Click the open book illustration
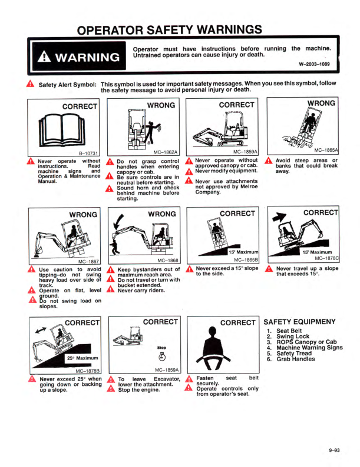click(x=62, y=131)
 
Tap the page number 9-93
click(x=334, y=450)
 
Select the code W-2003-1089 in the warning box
click(x=314, y=64)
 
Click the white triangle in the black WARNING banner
click(x=44, y=56)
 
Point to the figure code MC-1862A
click(x=165, y=152)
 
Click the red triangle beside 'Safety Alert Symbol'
click(x=30, y=84)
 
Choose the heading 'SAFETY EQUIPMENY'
click(x=299, y=322)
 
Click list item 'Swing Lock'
click(x=293, y=336)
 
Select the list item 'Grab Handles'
click(x=296, y=359)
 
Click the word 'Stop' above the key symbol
click(x=161, y=348)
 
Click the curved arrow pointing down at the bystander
click(x=119, y=222)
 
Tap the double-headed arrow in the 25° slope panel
click(x=41, y=330)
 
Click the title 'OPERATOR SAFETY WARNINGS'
click(x=170, y=30)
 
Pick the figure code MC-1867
click(x=88, y=262)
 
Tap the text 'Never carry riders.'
click(x=141, y=291)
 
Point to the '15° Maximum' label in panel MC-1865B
click(x=243, y=252)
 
